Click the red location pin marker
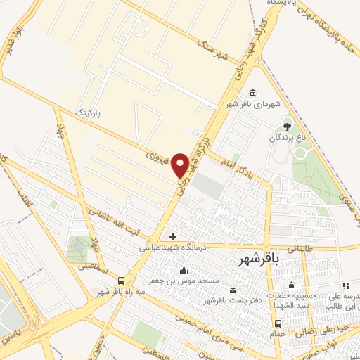181,165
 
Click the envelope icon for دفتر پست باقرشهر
233,290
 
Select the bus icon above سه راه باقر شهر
122,280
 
